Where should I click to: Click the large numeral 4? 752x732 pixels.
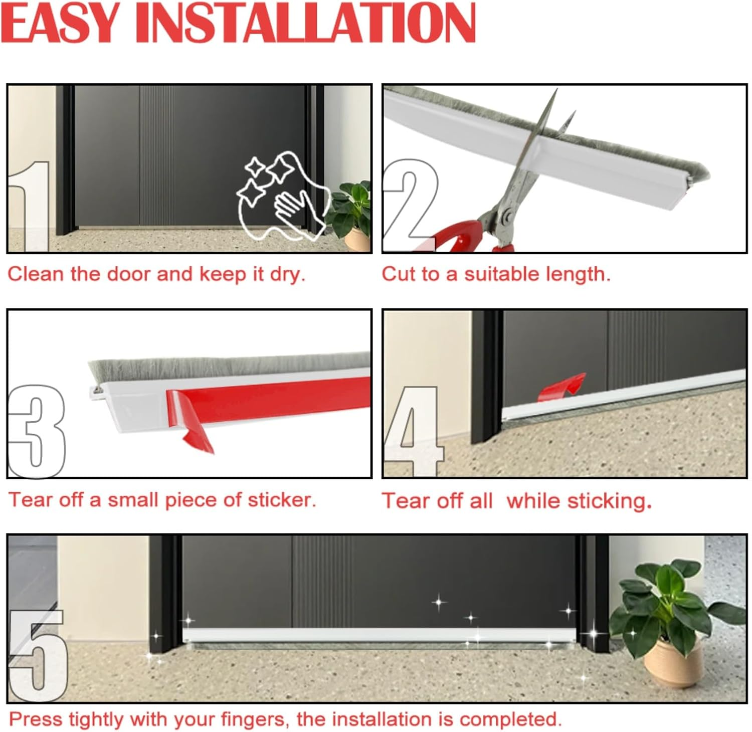[414, 431]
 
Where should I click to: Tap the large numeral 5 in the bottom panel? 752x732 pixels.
[38, 654]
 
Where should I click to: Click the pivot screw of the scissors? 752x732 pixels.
[506, 215]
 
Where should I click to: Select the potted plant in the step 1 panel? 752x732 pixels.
[351, 216]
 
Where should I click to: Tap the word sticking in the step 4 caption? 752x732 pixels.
[614, 501]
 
